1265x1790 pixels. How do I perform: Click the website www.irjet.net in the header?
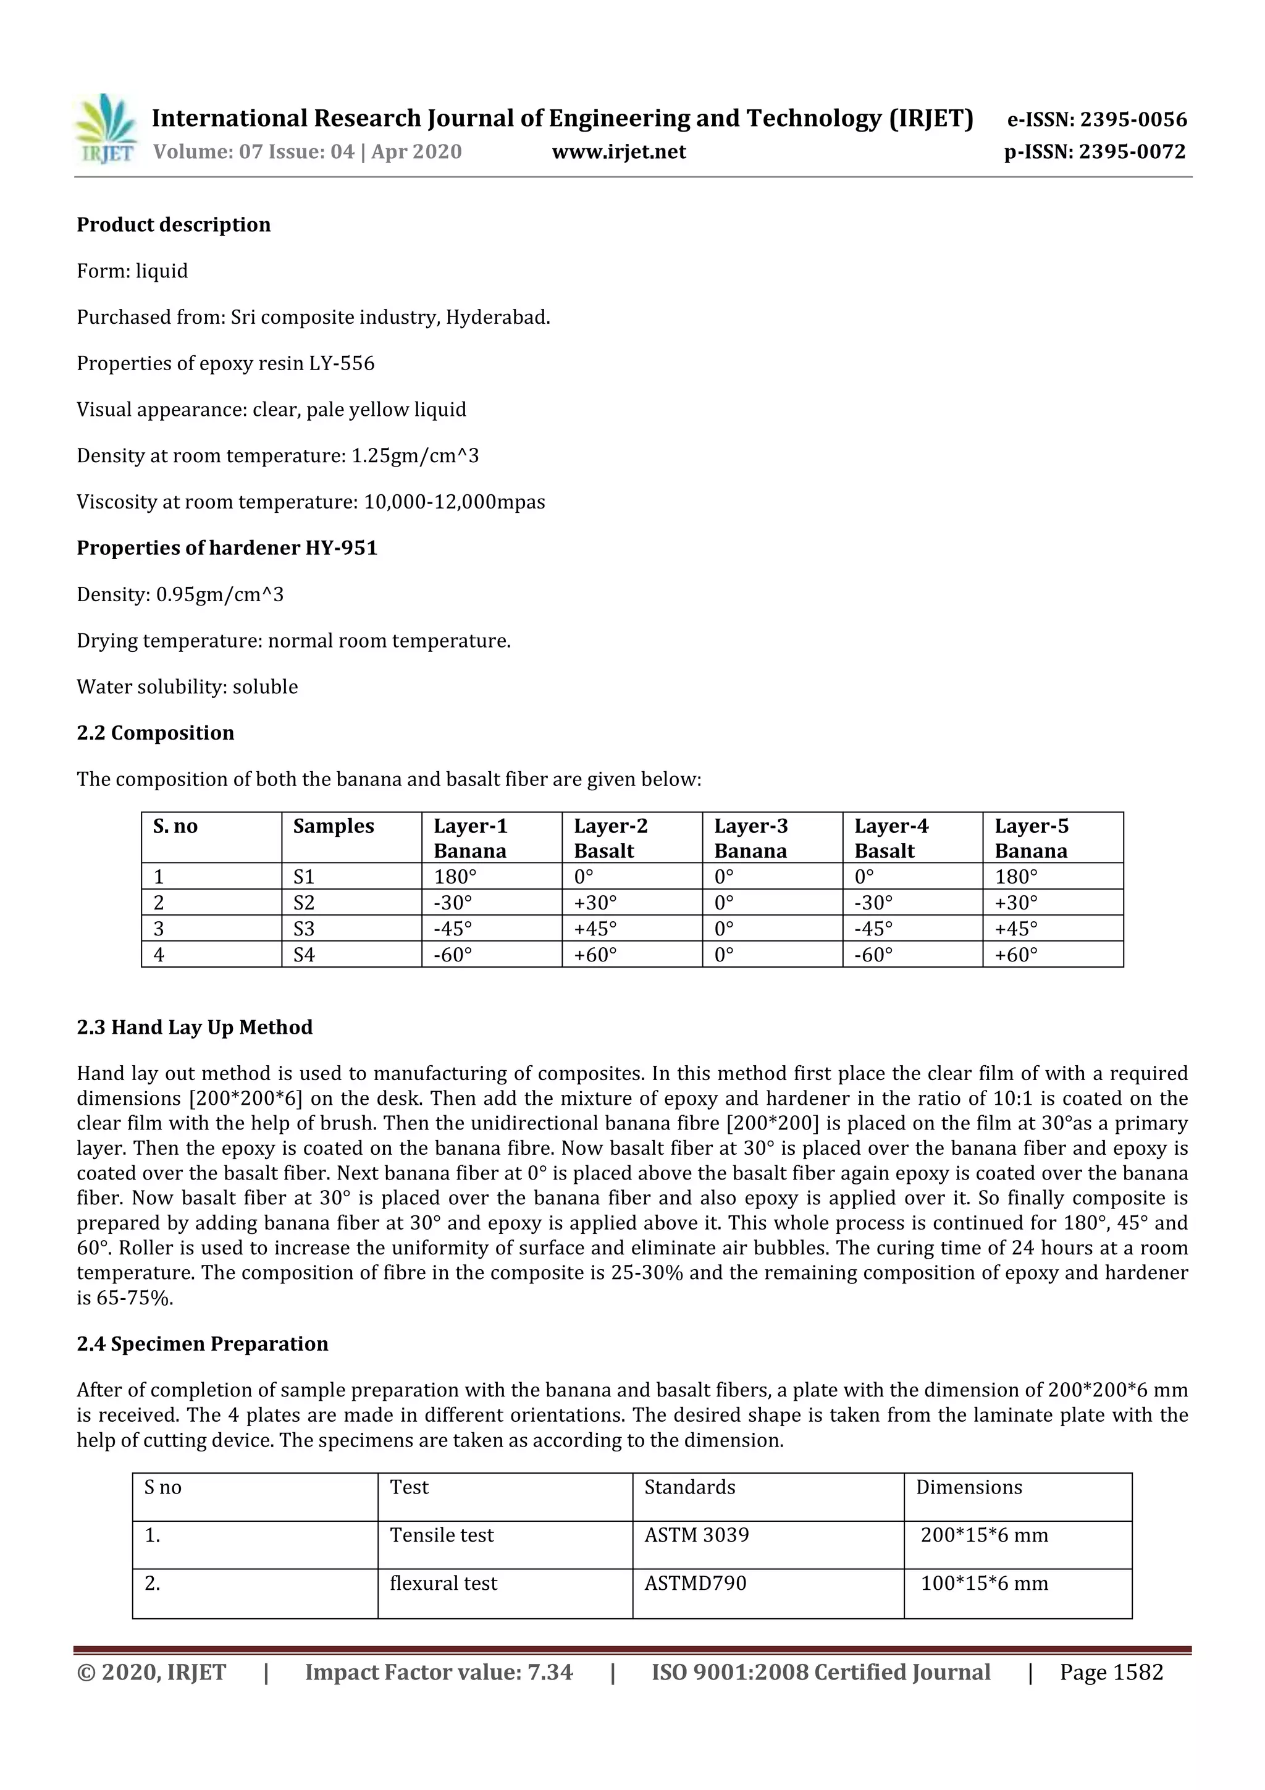(619, 151)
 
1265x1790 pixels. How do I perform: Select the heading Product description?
(173, 224)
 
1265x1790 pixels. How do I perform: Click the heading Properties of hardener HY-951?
(227, 548)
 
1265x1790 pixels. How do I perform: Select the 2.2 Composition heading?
(155, 733)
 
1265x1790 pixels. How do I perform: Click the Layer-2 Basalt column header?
(611, 838)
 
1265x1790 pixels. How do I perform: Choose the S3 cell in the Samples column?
(304, 929)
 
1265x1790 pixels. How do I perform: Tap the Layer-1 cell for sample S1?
(455, 876)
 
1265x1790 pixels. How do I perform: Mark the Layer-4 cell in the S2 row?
(874, 903)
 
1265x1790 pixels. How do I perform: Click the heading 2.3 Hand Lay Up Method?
(194, 1027)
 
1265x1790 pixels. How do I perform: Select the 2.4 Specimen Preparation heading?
(202, 1343)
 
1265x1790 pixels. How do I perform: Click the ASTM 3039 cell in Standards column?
(696, 1534)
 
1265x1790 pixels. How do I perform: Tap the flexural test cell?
(443, 1584)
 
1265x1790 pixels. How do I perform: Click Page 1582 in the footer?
(1111, 1672)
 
